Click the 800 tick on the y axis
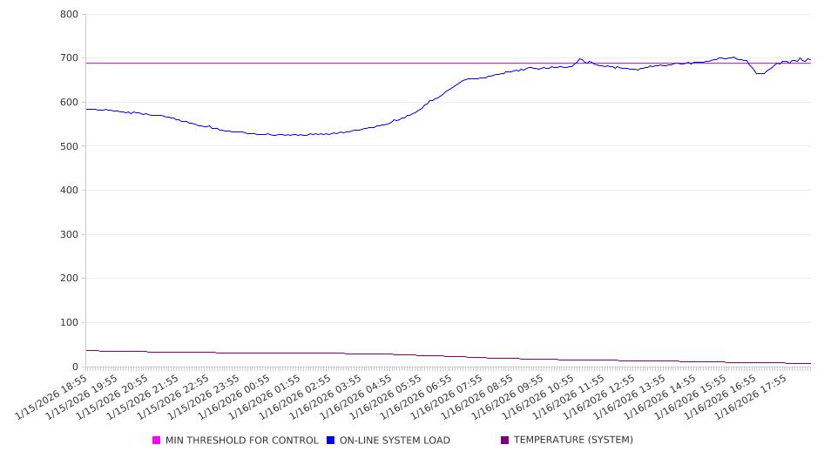click(69, 15)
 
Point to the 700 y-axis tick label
click(69, 58)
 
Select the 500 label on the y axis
click(69, 146)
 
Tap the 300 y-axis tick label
click(69, 235)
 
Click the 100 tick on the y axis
click(69, 323)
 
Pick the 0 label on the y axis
click(75, 367)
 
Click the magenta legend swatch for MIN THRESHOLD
click(157, 441)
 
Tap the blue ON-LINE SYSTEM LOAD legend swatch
click(331, 441)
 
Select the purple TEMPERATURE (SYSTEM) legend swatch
click(505, 441)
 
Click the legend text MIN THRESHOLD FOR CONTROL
click(242, 441)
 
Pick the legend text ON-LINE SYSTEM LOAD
click(395, 441)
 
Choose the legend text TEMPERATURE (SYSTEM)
click(573, 441)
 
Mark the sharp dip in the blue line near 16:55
click(760, 73)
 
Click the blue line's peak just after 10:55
click(580, 58)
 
